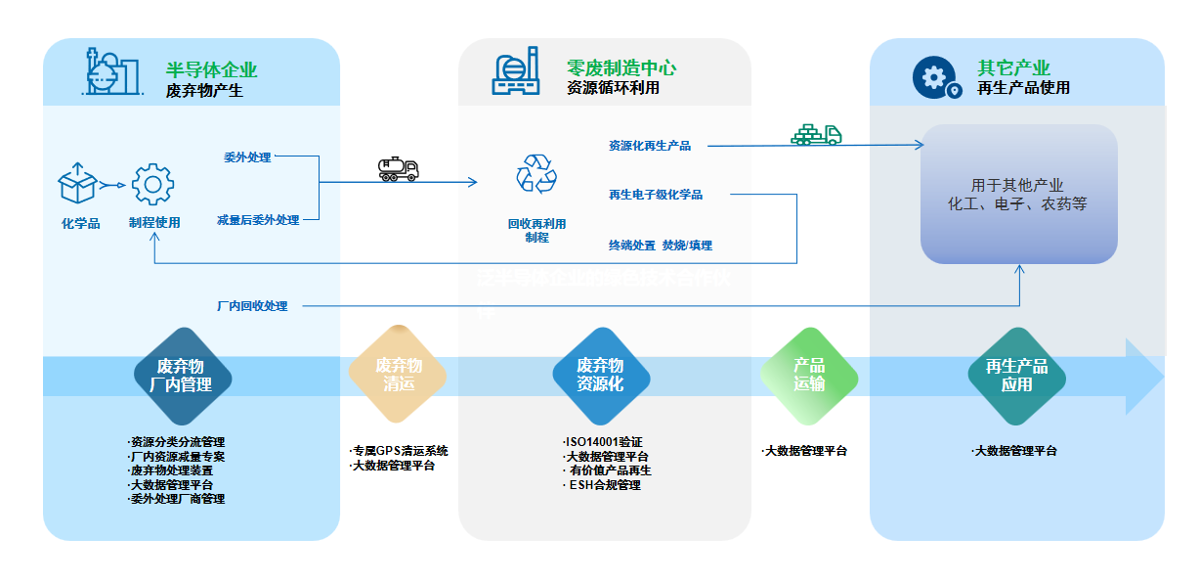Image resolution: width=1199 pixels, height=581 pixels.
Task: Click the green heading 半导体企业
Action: point(212,70)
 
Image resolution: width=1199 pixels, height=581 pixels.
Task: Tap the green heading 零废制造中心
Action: point(621,68)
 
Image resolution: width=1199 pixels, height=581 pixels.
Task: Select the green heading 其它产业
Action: point(1013,68)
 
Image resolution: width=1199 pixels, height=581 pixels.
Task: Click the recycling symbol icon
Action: point(535,174)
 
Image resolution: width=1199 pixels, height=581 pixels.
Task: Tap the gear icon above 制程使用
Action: point(152,184)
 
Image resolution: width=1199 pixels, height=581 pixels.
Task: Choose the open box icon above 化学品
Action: point(79,183)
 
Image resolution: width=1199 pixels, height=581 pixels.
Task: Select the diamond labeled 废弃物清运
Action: point(399,375)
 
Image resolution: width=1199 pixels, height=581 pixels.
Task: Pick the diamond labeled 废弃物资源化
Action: point(600,375)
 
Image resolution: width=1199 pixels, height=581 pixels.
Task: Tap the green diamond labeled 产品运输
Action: point(809,375)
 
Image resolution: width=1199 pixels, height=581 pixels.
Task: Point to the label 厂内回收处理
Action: point(252,306)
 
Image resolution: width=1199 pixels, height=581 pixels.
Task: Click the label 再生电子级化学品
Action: point(656,195)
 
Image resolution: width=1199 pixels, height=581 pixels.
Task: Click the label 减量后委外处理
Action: point(258,220)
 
